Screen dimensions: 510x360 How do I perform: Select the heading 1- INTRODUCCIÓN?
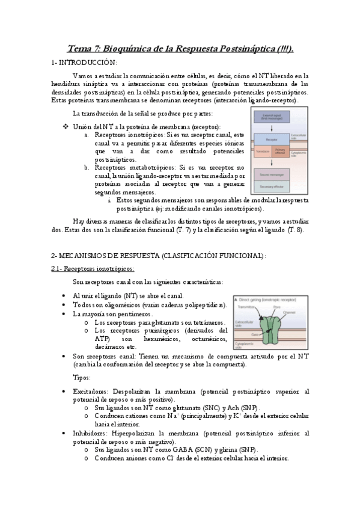pos(84,62)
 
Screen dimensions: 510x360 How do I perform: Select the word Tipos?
pos(81,378)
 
